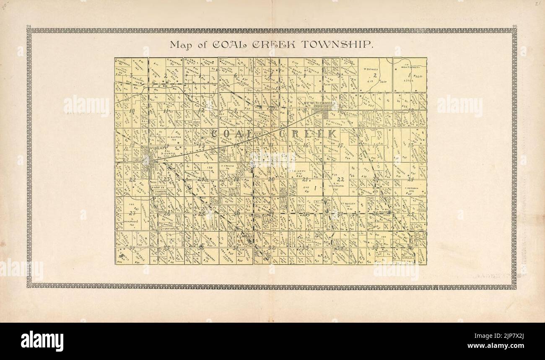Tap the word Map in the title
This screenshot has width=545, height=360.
[179, 45]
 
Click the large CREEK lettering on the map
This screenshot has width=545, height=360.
[308, 134]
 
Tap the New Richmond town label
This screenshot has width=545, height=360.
[321, 103]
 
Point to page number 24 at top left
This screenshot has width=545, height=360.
[29, 27]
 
